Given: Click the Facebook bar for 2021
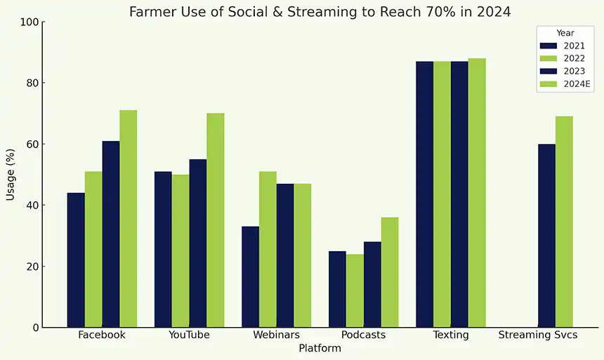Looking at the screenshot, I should pos(76,260).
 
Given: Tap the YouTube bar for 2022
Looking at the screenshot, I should pos(180,251).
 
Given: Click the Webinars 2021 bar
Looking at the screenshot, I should pos(250,276).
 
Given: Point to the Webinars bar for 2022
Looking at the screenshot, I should pos(268,249).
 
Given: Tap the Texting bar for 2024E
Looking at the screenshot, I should pos(477,193).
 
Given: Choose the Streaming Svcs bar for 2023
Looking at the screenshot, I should pos(546,236).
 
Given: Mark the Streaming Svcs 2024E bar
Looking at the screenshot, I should pos(564,222).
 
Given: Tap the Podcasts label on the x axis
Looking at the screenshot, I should pos(363,335).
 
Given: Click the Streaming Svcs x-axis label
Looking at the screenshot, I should pos(538,335).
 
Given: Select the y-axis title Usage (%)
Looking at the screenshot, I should pos(11,175).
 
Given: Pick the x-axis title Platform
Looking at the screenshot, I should pos(320,349).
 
